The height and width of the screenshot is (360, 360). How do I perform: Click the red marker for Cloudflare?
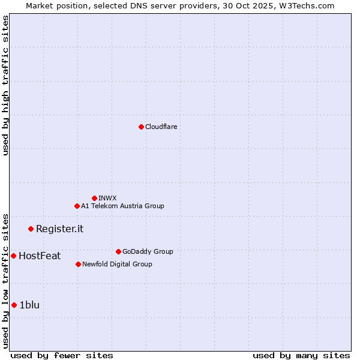click(141, 127)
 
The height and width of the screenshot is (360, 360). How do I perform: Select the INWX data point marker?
click(94, 198)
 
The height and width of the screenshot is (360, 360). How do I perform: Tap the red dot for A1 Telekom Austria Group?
click(77, 206)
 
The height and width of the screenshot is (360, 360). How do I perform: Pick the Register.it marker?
click(31, 229)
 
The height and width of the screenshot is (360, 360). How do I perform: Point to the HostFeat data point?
click(13, 256)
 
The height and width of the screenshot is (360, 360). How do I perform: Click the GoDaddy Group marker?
click(118, 251)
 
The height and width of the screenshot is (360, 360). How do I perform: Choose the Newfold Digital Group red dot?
click(78, 264)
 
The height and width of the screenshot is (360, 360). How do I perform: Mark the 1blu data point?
click(14, 305)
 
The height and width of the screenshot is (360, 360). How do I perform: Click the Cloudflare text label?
click(161, 127)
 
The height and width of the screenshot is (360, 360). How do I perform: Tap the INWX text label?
click(107, 198)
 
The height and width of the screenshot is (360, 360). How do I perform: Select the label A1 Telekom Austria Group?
click(122, 206)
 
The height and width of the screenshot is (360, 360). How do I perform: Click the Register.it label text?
click(59, 229)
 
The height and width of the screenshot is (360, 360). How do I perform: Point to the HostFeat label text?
click(40, 256)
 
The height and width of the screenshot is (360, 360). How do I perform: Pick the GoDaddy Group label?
click(148, 251)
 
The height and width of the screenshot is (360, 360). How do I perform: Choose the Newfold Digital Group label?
click(117, 264)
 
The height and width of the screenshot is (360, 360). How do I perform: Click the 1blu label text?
click(29, 305)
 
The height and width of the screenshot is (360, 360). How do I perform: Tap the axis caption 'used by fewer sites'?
click(62, 355)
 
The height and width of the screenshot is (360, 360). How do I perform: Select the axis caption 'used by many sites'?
click(301, 355)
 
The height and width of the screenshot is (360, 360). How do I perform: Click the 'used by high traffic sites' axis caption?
click(5, 86)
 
